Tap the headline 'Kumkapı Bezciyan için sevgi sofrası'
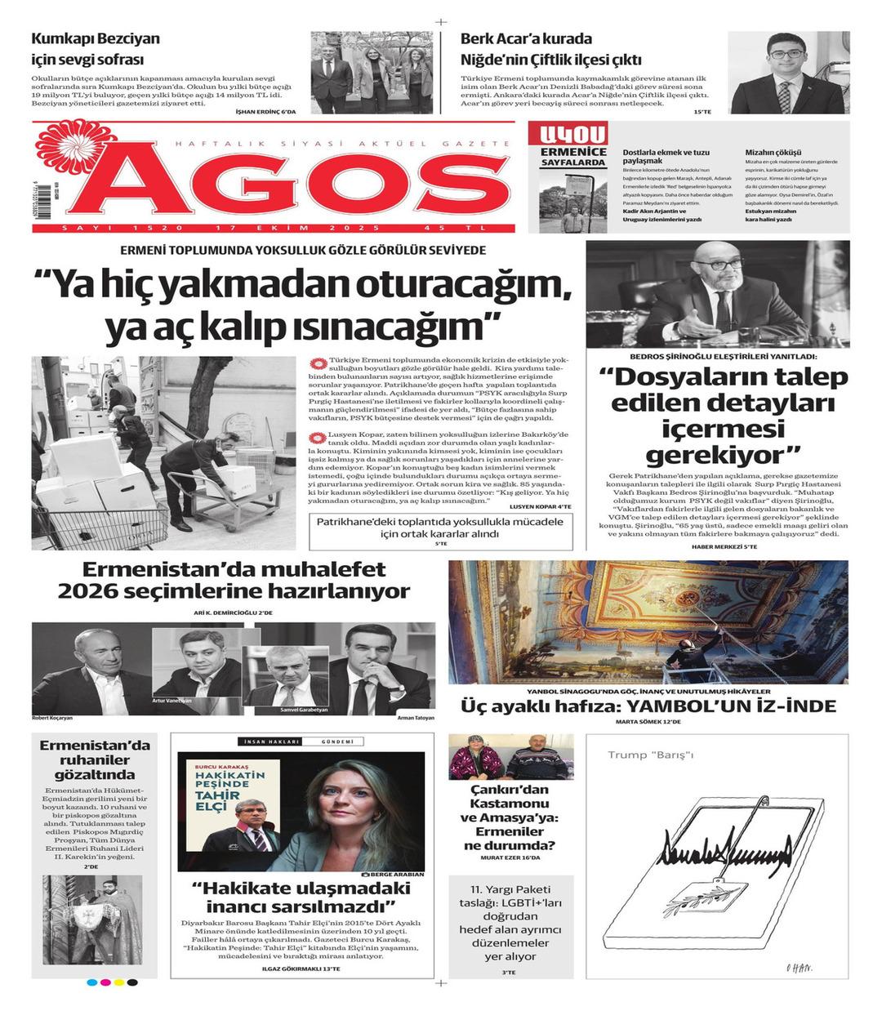coord(96,49)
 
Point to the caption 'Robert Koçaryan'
coord(52,718)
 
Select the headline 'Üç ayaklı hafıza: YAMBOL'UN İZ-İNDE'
coord(648,706)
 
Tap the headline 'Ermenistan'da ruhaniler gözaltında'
coord(96,760)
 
